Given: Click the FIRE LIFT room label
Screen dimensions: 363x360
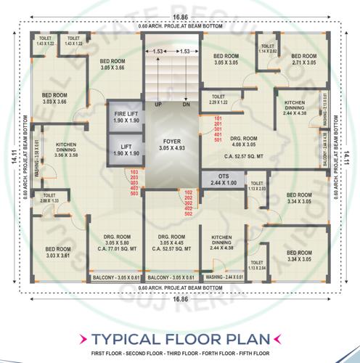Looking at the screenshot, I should [x=126, y=115].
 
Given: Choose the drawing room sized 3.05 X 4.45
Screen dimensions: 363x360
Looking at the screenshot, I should [x=172, y=242].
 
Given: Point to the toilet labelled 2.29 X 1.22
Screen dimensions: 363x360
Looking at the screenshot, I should [x=218, y=99].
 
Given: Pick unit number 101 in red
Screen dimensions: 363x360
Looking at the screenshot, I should [x=218, y=115].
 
